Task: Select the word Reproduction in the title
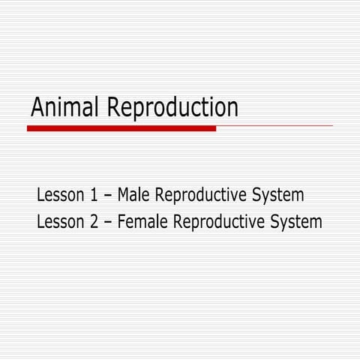tap(172, 109)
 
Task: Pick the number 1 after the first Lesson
tap(94, 196)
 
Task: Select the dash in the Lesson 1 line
tap(108, 197)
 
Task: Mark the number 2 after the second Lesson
tap(94, 222)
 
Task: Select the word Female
tap(142, 222)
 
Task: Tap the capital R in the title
tap(114, 107)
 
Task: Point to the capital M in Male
tap(123, 196)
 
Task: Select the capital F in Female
tap(121, 222)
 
